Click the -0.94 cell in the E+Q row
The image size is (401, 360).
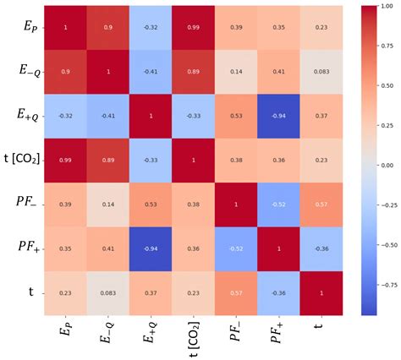(x=280, y=116)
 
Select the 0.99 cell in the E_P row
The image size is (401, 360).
(x=194, y=28)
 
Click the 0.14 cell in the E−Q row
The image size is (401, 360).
(x=237, y=72)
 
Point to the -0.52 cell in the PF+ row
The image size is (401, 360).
(x=237, y=248)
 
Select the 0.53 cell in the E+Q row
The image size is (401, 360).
(x=237, y=116)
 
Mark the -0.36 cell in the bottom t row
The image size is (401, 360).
(x=280, y=292)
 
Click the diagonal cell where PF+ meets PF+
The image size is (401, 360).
(x=280, y=248)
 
